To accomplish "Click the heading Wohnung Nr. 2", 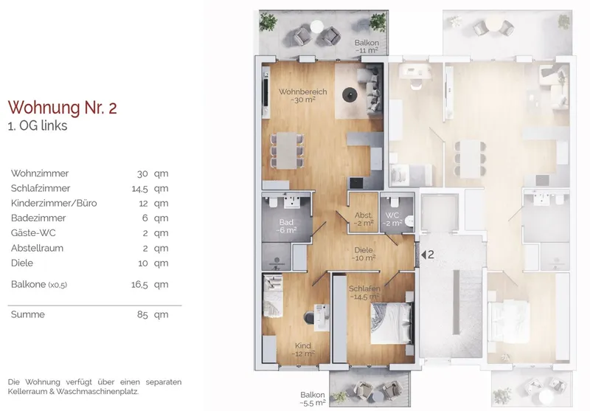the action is [x=63, y=108].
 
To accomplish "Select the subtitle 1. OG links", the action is [x=38, y=125].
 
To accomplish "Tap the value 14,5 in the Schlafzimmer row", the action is [x=139, y=189].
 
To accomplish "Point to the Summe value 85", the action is [x=142, y=314].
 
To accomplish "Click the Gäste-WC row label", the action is [x=33, y=233].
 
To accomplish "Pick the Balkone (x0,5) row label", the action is [x=39, y=285].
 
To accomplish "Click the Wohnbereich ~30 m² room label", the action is [x=303, y=96].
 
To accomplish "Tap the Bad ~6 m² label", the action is [x=286, y=227].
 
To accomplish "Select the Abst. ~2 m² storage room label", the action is [x=364, y=219].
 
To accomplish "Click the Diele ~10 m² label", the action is [x=364, y=254].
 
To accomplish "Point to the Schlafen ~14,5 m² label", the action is [x=364, y=292].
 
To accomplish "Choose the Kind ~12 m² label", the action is [x=303, y=350].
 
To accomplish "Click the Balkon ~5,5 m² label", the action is [x=313, y=399].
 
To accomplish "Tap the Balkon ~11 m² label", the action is [x=367, y=46].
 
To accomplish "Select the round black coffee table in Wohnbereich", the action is [x=350, y=95].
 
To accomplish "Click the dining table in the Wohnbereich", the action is [x=287, y=151].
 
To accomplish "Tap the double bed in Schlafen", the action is [x=391, y=323].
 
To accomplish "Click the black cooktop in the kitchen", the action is [x=356, y=183].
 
